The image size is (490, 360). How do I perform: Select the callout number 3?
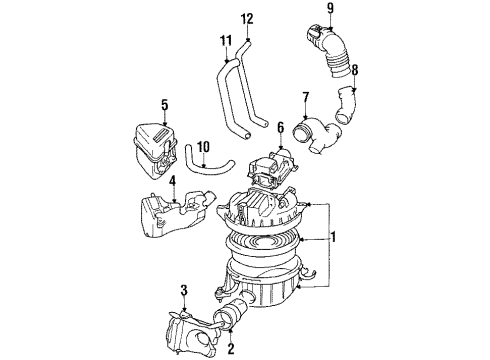click(182, 291)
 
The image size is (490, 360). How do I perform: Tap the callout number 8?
click(352, 71)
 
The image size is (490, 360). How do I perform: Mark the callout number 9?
click(329, 10)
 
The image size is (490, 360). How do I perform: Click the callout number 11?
click(226, 41)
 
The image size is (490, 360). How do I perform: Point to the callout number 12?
click(247, 18)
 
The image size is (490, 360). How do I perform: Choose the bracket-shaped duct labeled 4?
click(172, 213)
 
